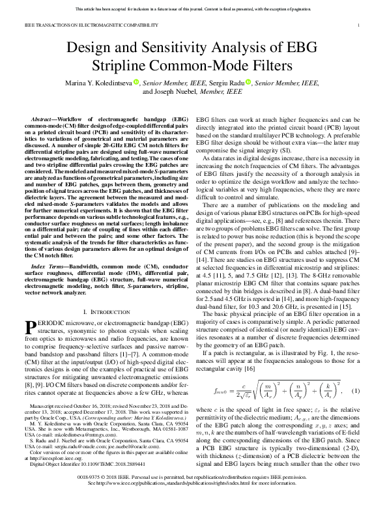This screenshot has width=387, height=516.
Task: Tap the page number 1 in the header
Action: [x=360, y=24]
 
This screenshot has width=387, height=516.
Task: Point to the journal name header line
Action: [x=91, y=24]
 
